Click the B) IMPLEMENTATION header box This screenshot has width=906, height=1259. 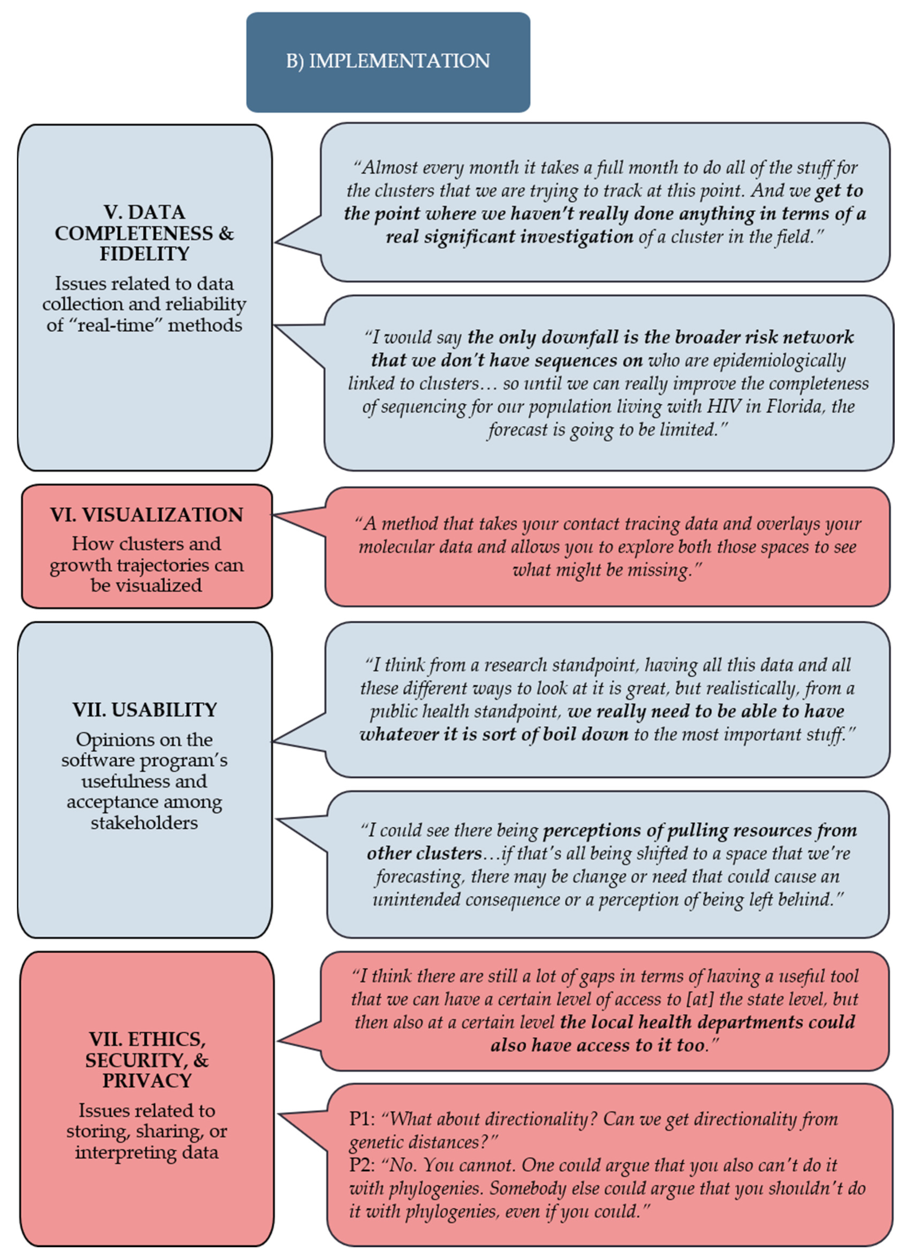[x=388, y=62]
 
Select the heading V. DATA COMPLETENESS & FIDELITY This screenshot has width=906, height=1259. [x=144, y=233]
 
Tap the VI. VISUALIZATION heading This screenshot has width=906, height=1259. [x=146, y=514]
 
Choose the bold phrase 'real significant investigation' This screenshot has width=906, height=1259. [x=510, y=237]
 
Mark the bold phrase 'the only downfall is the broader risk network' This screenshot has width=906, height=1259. [x=661, y=337]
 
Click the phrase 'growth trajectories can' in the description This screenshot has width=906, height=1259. [x=146, y=565]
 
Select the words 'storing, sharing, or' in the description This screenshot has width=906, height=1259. [x=146, y=1131]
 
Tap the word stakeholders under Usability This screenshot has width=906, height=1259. [x=144, y=823]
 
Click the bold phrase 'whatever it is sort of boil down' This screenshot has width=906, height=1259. [x=494, y=735]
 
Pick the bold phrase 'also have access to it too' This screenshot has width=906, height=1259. [x=597, y=1045]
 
